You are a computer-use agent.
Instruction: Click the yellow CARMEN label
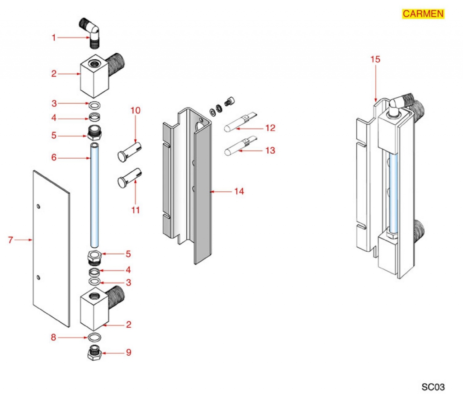coord(423,14)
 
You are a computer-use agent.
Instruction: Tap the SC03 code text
coord(433,387)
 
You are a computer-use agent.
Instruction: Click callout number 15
coord(375,59)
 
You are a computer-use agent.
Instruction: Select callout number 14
coord(239,192)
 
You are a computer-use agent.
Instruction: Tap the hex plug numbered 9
coord(95,353)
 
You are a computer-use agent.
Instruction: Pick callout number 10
coord(135,110)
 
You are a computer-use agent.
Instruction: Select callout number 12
coord(270,128)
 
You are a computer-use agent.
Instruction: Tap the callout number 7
coord(10,240)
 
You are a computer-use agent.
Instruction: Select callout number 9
coord(128,352)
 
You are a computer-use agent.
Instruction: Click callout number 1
coord(54,38)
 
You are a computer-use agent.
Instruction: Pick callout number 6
coord(54,158)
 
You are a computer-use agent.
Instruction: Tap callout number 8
coord(54,337)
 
